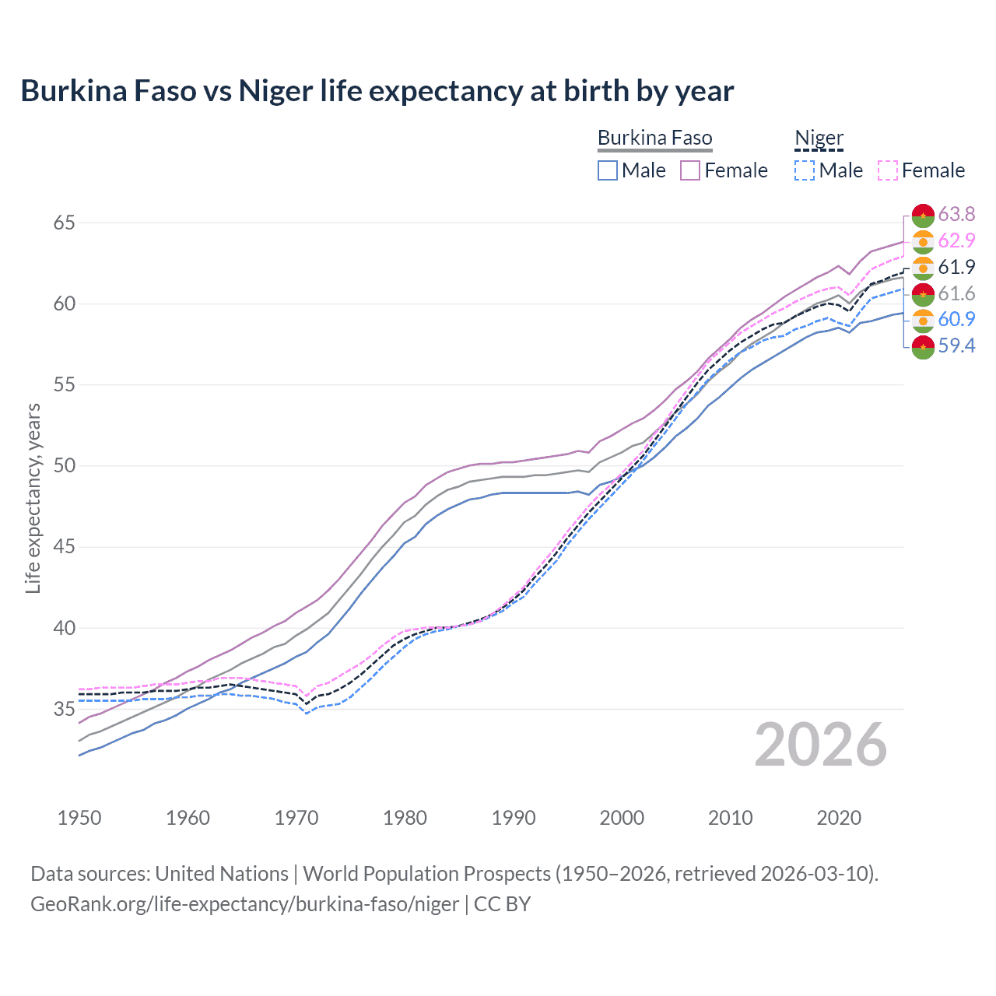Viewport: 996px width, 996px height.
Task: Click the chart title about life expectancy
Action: (377, 91)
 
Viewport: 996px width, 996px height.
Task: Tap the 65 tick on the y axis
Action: (64, 223)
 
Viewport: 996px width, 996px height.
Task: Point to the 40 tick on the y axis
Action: (64, 628)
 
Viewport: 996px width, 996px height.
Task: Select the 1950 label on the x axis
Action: (79, 818)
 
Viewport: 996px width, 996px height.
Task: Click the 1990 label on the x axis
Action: (514, 818)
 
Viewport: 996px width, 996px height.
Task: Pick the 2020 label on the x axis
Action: (839, 818)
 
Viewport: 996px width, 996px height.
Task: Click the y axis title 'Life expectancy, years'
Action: (33, 498)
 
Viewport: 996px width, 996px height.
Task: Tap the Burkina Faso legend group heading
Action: (654, 139)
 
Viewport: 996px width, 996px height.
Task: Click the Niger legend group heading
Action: (819, 139)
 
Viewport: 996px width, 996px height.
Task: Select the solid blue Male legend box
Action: (608, 170)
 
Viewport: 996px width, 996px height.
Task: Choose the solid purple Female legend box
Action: (690, 170)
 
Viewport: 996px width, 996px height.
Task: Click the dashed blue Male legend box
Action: (805, 170)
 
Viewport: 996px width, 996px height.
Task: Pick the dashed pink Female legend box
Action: (888, 170)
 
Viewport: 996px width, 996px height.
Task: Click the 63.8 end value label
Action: (956, 214)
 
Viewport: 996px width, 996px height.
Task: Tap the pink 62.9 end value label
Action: (956, 240)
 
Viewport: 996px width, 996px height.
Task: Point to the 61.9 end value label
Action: (956, 267)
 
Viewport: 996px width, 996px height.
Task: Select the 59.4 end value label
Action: (956, 345)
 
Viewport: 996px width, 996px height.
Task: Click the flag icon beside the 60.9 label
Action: (923, 320)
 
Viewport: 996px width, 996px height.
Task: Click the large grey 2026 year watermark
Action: (820, 745)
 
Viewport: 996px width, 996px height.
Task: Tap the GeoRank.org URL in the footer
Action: (244, 904)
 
